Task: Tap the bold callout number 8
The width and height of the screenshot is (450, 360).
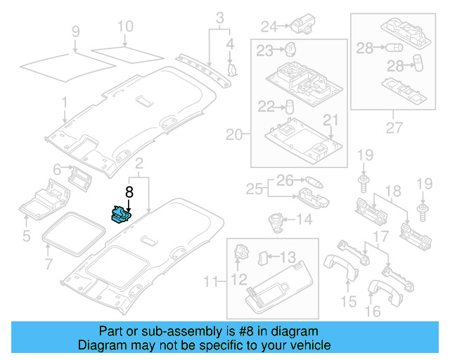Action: pos(129,191)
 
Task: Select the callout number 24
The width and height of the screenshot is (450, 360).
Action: pos(269,27)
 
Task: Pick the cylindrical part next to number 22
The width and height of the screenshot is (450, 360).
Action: pos(288,106)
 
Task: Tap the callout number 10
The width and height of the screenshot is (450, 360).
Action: pos(124,27)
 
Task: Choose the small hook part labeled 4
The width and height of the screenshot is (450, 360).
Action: pos(233,68)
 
